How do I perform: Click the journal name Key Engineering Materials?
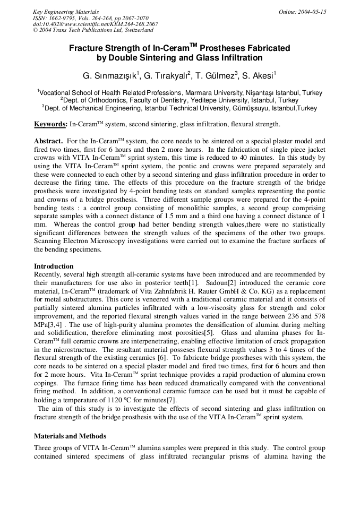pyautogui.click(x=66, y=11)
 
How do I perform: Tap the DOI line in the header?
pyautogui.click(x=95, y=24)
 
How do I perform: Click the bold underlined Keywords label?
pyautogui.click(x=50, y=124)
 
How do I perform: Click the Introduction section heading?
pyautogui.click(x=54, y=266)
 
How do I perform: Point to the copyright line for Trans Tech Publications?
pyautogui.click(x=93, y=30)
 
